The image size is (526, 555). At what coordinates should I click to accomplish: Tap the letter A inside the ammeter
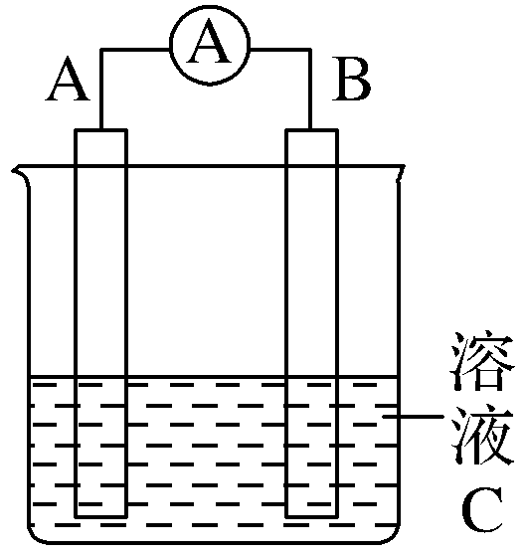point(210,42)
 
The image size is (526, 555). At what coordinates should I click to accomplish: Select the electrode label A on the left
point(68,79)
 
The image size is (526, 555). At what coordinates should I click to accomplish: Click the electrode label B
point(351,79)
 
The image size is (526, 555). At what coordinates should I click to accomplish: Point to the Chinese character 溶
point(482,361)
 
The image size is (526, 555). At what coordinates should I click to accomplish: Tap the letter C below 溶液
point(482,509)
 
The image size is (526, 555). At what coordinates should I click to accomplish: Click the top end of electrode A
point(100,130)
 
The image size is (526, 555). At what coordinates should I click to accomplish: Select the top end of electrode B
point(312,130)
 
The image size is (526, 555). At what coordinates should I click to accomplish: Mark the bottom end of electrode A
point(100,516)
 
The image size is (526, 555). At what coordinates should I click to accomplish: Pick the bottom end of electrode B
point(312,516)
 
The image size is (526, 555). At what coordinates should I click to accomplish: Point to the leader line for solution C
point(413,417)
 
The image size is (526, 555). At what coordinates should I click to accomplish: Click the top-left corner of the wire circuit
point(101,49)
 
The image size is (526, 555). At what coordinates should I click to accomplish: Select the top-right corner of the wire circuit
point(310,49)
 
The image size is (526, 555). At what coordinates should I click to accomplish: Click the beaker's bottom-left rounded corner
point(35,536)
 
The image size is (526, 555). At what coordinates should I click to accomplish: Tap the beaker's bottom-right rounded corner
point(394,536)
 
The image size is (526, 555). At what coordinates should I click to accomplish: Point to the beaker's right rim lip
point(401,173)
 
